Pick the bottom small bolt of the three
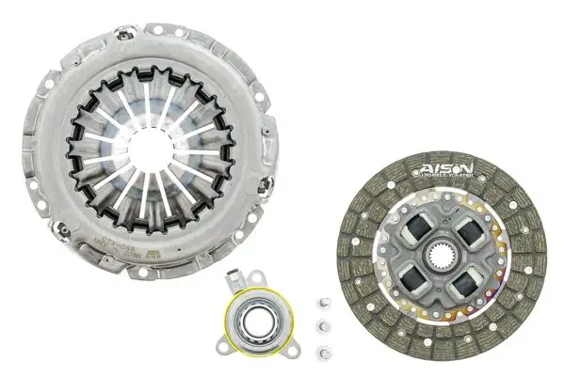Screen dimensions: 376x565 (x=323, y=352)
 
